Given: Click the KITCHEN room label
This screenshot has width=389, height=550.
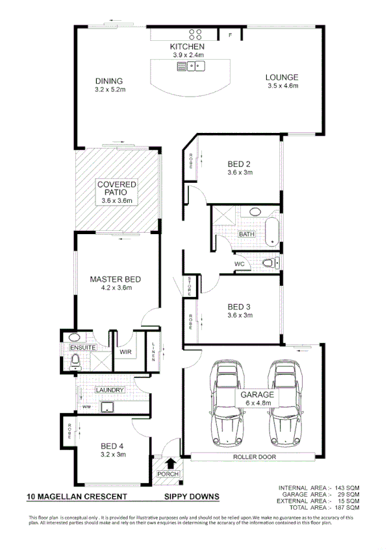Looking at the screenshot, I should coord(187,47).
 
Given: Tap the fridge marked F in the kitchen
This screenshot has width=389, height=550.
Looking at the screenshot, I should coord(229,35).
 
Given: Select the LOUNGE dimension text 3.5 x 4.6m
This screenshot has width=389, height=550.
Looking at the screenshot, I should coord(281,86).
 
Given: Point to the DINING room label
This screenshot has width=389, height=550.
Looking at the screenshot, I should coord(109,81).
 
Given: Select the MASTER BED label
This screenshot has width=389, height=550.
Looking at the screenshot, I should coord(115,280).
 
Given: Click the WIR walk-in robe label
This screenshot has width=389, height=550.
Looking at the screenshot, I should coord(125,352).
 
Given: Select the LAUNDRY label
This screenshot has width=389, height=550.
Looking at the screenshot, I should coord(109,390).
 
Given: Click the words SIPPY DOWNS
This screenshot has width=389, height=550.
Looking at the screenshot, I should coord(192,497).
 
